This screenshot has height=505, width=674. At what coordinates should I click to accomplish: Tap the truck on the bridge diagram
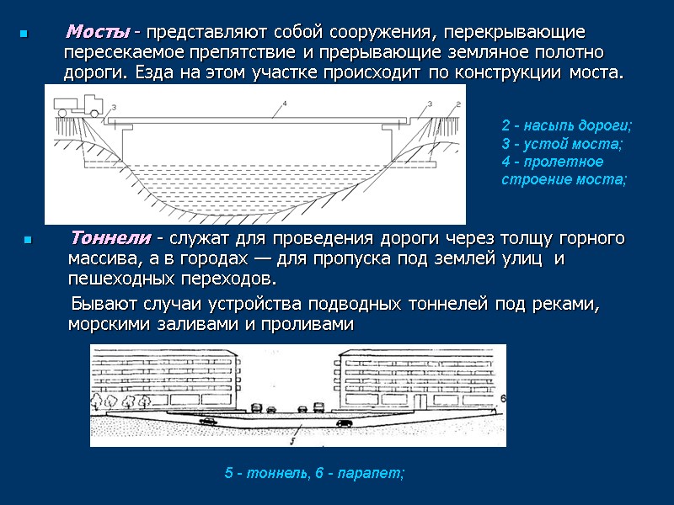tap(77, 104)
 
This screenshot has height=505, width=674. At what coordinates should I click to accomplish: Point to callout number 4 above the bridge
tap(286, 104)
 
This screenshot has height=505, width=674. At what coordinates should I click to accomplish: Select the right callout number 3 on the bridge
tap(429, 104)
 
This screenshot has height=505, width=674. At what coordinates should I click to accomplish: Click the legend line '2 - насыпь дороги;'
tap(566, 126)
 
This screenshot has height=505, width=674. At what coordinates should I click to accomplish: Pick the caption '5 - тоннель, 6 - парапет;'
tap(314, 474)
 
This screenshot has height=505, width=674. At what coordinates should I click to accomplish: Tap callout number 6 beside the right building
tap(502, 396)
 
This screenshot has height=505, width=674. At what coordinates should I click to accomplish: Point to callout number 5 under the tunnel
tap(291, 438)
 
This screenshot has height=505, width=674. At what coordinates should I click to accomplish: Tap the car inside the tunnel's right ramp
tap(344, 422)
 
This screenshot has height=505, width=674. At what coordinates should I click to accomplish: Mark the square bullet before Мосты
tap(24, 35)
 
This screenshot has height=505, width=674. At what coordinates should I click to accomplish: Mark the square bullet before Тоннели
tap(28, 240)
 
